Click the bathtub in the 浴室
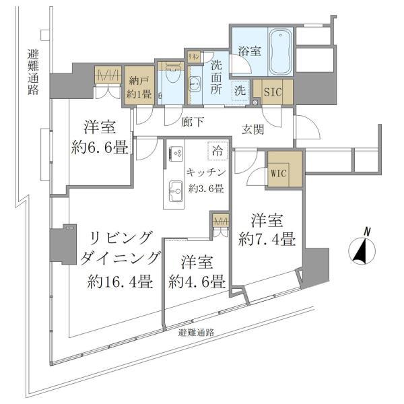280,53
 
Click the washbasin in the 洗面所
196,83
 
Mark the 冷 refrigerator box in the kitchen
217,151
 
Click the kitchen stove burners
176,153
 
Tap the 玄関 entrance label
253,128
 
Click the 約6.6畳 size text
100,147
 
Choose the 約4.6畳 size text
197,282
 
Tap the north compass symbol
364,250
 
